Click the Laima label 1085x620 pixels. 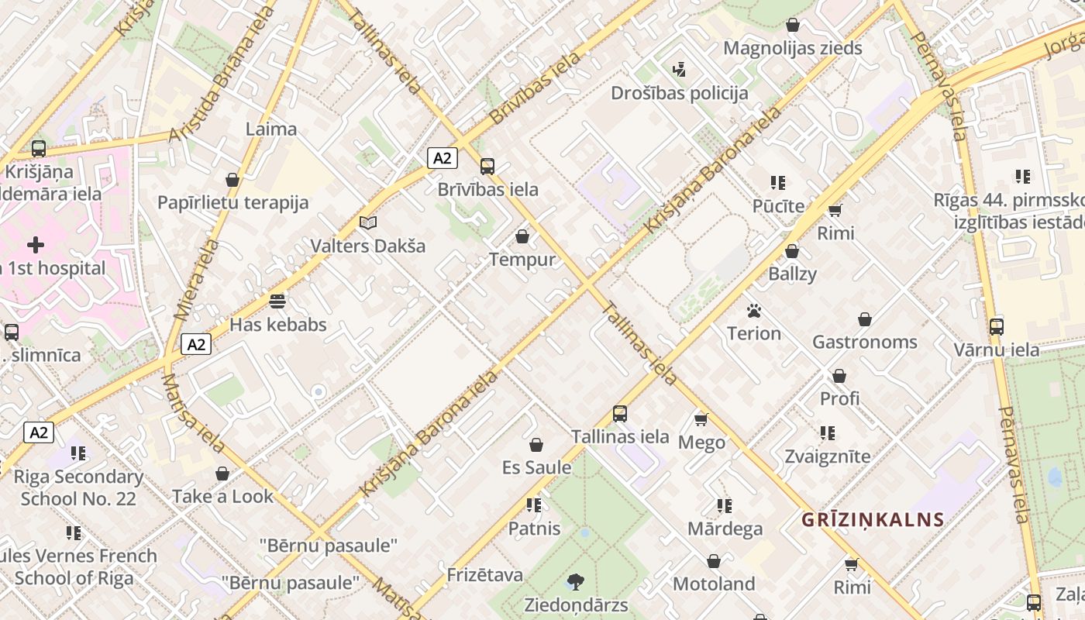click(270, 129)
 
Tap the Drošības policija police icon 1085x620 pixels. click(680, 70)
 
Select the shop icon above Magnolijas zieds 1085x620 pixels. click(792, 25)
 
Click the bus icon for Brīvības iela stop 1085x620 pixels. click(487, 166)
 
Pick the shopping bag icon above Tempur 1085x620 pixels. click(522, 236)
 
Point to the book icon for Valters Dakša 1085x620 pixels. click(368, 223)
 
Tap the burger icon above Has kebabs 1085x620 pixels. click(277, 301)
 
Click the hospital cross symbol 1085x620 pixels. click(35, 246)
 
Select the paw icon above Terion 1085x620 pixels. click(753, 311)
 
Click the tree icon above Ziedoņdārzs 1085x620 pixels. click(575, 581)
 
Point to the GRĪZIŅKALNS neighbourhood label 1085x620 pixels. click(873, 519)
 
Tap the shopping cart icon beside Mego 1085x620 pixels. click(701, 419)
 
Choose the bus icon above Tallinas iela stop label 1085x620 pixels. click(619, 413)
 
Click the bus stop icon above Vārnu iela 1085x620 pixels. click(996, 326)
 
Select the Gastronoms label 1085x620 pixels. click(864, 342)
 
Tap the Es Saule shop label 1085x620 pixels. click(536, 467)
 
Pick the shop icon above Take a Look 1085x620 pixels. click(222, 473)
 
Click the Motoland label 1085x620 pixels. click(713, 584)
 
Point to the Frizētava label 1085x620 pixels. click(484, 575)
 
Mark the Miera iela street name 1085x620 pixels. click(186, 280)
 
